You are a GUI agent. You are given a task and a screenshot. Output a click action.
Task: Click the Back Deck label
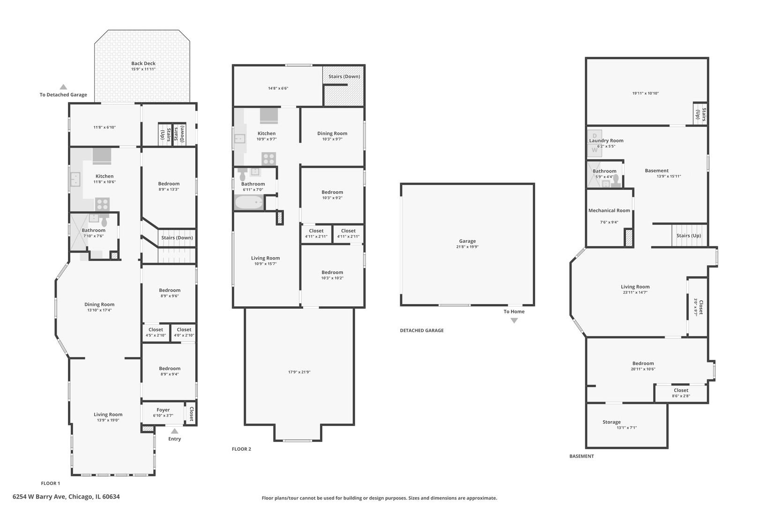pos(143,63)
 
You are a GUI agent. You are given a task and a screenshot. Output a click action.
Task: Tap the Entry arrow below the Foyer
pos(174,431)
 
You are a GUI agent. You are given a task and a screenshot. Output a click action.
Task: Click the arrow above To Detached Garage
pos(63,87)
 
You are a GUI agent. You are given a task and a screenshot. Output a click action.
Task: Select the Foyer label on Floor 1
pos(163,410)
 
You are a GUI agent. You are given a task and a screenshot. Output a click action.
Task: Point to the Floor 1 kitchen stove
pos(102,204)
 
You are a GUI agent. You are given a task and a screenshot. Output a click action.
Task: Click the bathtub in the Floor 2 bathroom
pos(249,202)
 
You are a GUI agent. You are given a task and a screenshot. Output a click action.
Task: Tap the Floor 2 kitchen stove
pos(269,159)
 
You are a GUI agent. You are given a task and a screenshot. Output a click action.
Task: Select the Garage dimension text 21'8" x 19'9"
pos(467,247)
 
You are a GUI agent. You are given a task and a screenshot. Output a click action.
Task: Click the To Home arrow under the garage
pos(514,320)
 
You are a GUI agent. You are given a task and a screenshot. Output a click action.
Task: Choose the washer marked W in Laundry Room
pos(595,150)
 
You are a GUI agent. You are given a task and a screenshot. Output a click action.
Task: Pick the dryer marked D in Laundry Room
pos(595,136)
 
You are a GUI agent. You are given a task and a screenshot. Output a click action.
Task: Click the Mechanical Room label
pos(609,210)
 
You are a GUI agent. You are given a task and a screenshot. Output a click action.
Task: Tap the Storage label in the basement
pos(611,422)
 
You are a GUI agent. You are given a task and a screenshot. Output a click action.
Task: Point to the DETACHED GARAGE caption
pos(422,330)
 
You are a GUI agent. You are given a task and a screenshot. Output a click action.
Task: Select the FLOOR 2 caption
pos(241,449)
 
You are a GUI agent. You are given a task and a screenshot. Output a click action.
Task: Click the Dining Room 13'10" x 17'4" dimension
pos(99,310)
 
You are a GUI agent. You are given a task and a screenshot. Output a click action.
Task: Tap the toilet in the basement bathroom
pos(616,180)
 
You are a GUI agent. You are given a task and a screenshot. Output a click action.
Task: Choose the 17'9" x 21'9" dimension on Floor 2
pos(299,372)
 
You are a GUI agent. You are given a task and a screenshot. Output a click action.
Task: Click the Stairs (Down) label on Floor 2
pos(344,76)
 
